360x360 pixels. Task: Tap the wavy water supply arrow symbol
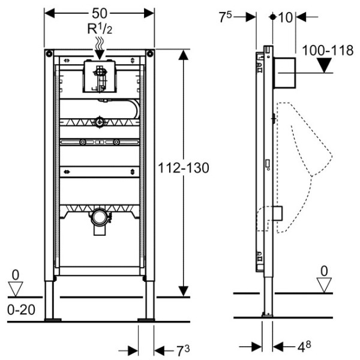coord(100,42)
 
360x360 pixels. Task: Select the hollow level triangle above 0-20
coord(16,289)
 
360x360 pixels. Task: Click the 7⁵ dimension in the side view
coord(226,17)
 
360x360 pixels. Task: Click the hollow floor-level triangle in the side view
coord(324,286)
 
